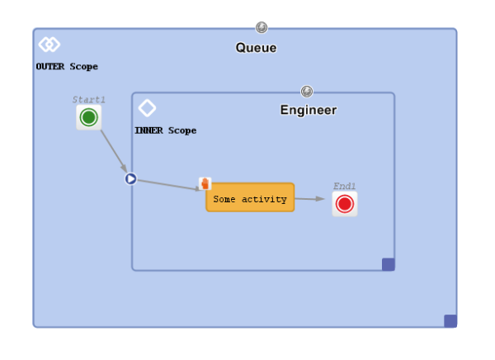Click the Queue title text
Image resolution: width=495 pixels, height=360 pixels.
256,48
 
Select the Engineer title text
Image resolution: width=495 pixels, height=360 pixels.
309,111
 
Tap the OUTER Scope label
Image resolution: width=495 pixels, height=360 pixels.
67,66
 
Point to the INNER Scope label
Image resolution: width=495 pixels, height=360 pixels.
166,130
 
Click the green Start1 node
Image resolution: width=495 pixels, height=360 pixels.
89,117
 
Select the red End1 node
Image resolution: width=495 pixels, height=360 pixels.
345,204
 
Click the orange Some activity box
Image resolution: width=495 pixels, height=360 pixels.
250,197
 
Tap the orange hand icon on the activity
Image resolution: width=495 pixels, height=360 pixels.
205,183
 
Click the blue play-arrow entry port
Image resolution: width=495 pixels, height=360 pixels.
130,179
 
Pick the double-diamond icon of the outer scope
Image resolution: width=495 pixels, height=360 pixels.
49,45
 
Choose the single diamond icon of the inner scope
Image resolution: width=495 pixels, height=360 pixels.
147,108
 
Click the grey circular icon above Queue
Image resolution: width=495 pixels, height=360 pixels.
262,27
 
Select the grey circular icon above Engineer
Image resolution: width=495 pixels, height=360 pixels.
307,92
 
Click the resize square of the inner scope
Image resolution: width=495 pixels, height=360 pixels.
389,264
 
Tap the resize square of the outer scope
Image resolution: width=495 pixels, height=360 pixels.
450,321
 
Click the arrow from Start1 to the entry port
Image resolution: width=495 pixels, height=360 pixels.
114,151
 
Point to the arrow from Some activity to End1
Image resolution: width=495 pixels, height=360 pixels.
309,199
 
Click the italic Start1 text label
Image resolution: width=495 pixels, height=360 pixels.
89,100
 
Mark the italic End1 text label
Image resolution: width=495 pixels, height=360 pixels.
344,186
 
